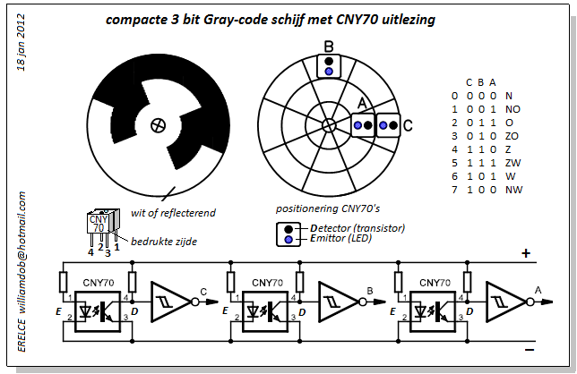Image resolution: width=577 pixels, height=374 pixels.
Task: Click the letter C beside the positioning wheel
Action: tap(408, 126)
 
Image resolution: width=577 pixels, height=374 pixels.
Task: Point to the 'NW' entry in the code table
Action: tap(513, 190)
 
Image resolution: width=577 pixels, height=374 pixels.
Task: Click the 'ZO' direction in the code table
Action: tap(512, 135)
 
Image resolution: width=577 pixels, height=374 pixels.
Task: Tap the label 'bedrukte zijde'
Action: tap(165, 242)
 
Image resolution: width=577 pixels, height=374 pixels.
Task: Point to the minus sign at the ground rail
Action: tap(529, 350)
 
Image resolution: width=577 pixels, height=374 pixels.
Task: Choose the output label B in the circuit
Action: tap(369, 290)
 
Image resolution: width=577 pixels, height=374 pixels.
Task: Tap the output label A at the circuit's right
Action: tap(537, 289)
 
